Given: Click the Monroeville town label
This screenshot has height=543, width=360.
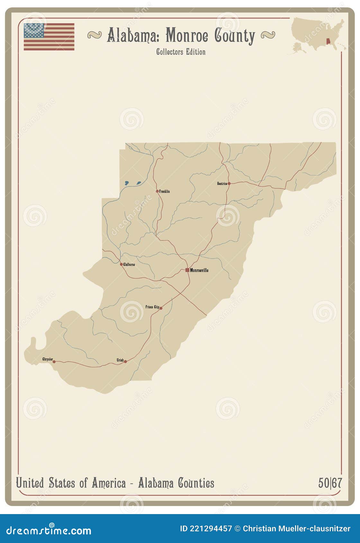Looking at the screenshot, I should [199, 270].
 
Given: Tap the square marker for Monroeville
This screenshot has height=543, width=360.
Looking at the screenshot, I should [187, 270].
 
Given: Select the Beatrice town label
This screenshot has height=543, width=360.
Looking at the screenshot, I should [222, 184].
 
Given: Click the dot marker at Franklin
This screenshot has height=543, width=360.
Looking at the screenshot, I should [157, 191].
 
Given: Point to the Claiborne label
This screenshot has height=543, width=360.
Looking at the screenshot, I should [129, 265].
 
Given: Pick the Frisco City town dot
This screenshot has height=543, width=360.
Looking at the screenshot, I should [161, 308].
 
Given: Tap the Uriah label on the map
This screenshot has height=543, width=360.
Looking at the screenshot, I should [120, 360].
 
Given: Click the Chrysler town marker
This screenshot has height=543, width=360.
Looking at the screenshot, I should [54, 362].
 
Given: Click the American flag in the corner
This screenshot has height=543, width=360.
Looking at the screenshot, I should [49, 37].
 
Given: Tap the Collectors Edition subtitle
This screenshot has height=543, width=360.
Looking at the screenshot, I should [181, 52].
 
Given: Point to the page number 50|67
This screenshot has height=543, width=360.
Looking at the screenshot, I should [330, 483].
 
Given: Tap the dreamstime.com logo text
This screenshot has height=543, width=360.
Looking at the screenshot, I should [49, 530].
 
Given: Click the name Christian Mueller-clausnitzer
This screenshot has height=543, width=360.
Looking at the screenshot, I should [296, 529].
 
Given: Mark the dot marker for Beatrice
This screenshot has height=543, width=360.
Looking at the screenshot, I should [229, 184].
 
